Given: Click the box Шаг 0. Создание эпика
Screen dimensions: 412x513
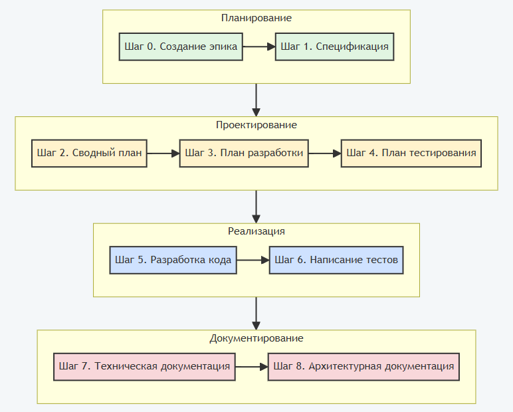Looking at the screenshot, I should (180, 47).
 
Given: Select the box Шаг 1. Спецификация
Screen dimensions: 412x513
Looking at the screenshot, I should (334, 47).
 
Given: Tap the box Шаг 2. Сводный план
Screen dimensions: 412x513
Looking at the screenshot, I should (89, 153).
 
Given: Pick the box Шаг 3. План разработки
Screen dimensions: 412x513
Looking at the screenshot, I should (244, 153).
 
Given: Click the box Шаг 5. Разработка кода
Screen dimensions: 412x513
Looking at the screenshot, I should (173, 260).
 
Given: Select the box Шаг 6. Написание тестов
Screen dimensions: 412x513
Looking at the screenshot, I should (336, 260).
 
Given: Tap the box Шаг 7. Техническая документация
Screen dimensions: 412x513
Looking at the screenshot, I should (144, 366).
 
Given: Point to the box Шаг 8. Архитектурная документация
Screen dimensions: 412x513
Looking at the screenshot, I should (363, 366).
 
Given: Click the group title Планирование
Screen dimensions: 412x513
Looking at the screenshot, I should (256, 18).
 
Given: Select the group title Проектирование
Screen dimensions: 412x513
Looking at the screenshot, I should (256, 125).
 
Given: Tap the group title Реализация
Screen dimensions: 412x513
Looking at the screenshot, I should (256, 231).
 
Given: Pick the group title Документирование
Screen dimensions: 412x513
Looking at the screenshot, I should (256, 338).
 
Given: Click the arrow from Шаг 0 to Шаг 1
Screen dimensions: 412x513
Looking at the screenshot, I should (258, 47).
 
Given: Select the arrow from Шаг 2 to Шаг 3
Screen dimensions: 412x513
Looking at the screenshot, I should (163, 153).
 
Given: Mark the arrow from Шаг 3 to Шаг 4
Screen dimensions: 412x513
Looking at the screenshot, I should (324, 153).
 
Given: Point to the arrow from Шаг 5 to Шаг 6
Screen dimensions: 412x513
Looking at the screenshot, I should (253, 260).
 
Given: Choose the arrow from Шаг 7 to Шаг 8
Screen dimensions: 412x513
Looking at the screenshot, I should (252, 366).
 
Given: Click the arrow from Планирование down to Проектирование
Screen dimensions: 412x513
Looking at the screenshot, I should (256, 100).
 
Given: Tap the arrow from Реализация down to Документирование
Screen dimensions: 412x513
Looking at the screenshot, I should (256, 313).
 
